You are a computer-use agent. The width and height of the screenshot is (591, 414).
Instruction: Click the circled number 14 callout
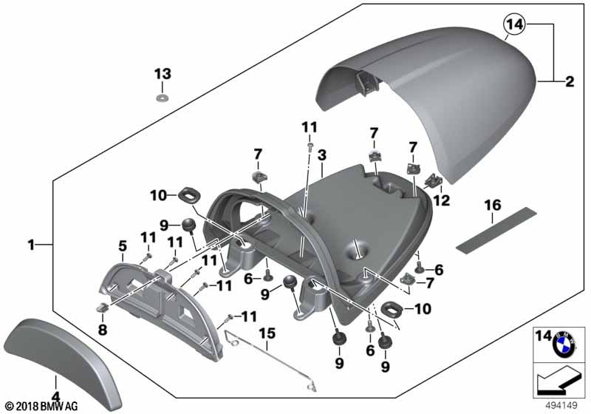515,24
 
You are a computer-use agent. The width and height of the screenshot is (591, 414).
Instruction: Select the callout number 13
163,73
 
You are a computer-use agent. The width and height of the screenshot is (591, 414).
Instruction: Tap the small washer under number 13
163,99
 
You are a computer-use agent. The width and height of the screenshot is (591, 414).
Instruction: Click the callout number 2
570,81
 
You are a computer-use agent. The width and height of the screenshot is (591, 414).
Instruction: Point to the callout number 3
321,155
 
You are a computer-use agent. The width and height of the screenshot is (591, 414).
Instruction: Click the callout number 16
493,206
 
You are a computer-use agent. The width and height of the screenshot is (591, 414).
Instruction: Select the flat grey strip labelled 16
496,229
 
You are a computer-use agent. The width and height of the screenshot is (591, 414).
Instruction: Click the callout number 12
442,200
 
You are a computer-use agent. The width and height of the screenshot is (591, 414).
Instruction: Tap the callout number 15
267,333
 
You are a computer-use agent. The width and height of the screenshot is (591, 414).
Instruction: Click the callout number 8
103,330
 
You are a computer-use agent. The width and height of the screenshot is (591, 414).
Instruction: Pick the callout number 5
123,246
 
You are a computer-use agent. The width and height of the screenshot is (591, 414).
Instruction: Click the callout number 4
55,397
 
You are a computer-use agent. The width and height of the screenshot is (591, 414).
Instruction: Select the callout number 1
31,245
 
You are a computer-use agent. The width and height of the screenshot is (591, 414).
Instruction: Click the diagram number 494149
561,406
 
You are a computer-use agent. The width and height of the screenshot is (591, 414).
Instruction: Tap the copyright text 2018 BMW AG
41,407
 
